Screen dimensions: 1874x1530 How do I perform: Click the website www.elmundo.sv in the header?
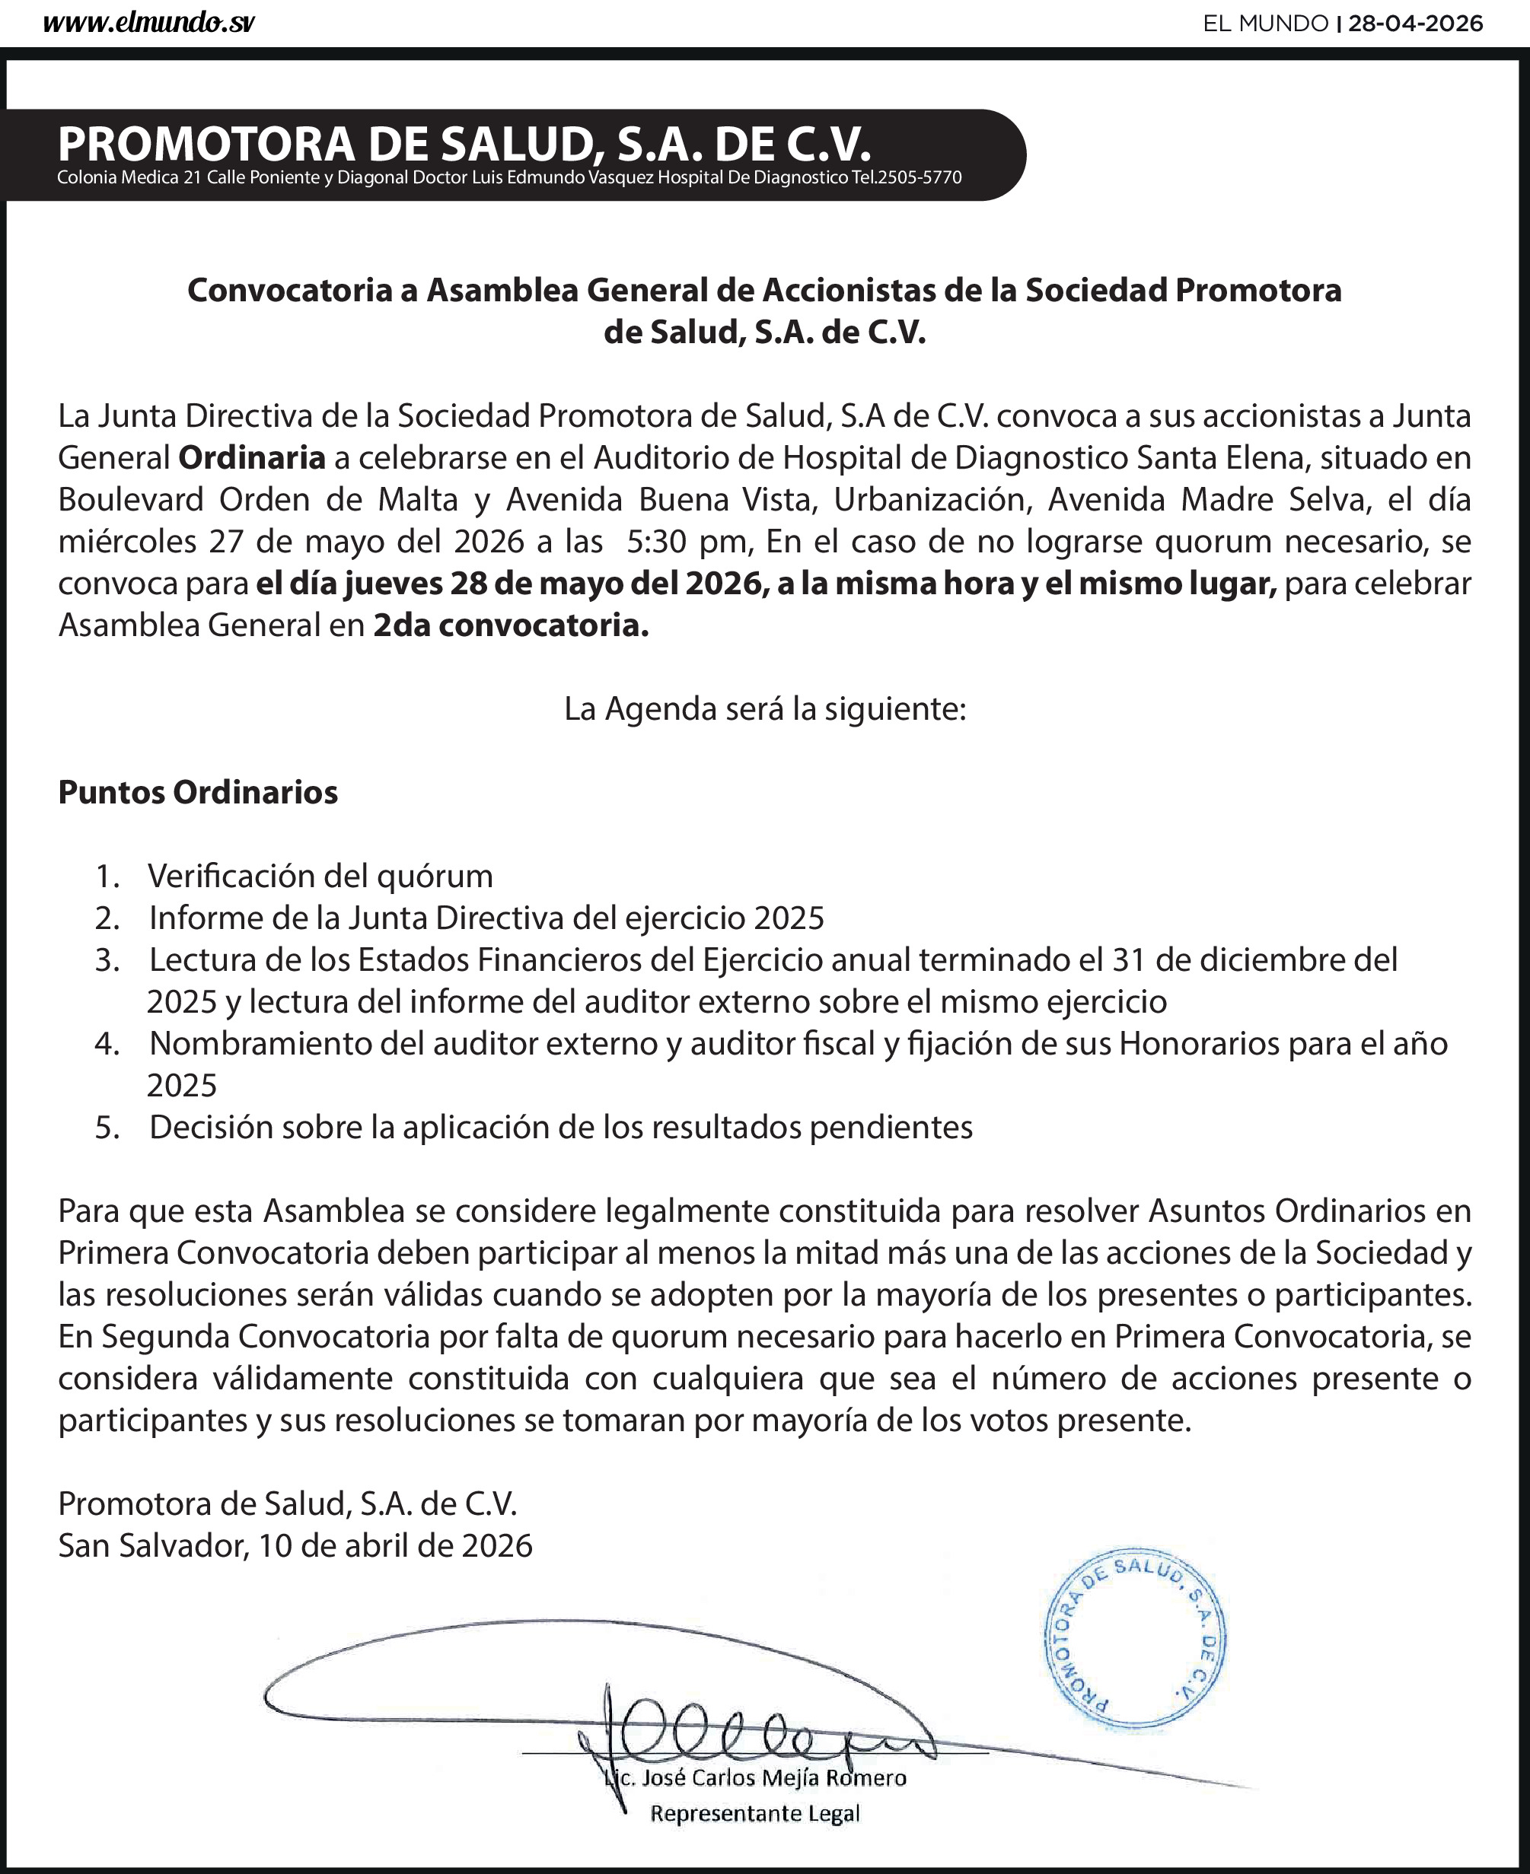[148, 24]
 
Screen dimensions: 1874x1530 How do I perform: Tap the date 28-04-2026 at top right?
[1415, 24]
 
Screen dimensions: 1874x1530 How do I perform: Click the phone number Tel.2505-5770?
[906, 178]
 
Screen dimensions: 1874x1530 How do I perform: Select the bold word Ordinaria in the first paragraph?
[252, 458]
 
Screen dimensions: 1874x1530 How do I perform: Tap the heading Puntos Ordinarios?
[197, 792]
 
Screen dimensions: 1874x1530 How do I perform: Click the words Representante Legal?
[754, 1813]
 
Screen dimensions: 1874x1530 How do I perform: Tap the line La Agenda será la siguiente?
[765, 709]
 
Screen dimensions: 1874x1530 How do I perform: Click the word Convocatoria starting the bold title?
[289, 290]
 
